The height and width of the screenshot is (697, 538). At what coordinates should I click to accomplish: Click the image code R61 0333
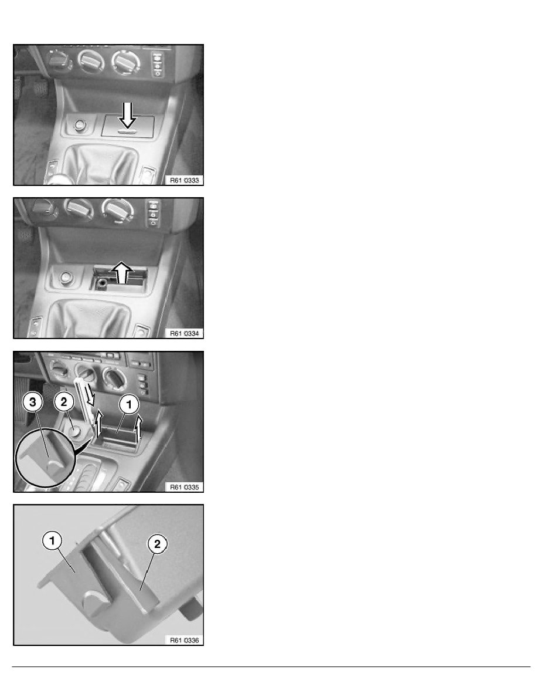coord(185,180)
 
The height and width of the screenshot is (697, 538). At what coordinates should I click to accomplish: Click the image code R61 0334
coord(185,333)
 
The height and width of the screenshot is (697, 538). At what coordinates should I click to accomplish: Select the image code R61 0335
coord(185,487)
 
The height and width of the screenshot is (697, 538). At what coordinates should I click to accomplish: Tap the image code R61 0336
coord(185,640)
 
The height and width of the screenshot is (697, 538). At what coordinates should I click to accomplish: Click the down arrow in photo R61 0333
coord(128,115)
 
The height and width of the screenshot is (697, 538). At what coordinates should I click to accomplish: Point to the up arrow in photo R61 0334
coord(122,272)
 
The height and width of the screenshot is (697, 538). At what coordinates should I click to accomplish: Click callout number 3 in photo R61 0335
coord(33,402)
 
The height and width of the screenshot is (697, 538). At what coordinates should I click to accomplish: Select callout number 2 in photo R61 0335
coord(64,402)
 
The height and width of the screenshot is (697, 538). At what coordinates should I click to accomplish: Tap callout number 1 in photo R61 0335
coord(129,404)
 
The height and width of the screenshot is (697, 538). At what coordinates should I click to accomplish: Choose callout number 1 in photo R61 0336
coord(52,540)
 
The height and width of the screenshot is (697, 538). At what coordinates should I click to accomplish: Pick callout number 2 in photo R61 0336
coord(157,543)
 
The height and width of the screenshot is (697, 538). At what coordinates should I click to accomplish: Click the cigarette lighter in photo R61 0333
coord(80,125)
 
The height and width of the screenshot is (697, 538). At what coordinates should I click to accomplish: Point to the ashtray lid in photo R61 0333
coord(128,126)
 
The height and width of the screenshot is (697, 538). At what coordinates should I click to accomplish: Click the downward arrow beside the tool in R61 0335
coord(91,394)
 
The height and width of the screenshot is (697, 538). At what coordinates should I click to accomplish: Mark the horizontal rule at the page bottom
coord(271,666)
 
